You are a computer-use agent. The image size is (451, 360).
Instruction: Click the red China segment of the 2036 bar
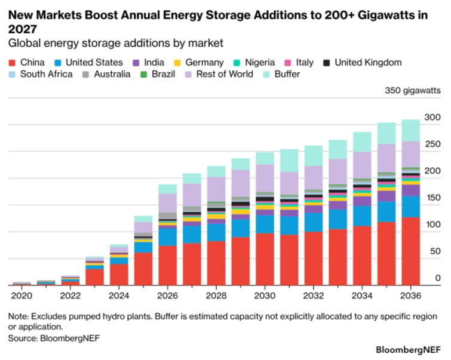pyautogui.click(x=411, y=251)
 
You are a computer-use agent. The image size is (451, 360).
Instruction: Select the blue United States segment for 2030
pyautogui.click(x=265, y=224)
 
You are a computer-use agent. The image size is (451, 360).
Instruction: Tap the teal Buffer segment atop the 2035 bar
pyautogui.click(x=386, y=133)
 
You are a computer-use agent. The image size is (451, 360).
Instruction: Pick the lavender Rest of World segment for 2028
pyautogui.click(x=216, y=189)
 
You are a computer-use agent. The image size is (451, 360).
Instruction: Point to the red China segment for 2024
pyautogui.click(x=119, y=275)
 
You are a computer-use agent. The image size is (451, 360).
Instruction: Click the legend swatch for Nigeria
pyautogui.click(x=237, y=63)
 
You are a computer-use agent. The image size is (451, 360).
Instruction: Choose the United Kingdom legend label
pyautogui.click(x=368, y=63)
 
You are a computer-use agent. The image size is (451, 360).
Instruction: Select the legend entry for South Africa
pyautogui.click(x=41, y=74)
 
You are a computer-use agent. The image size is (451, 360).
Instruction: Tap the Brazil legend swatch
pyautogui.click(x=143, y=75)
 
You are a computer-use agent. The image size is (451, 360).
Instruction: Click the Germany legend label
pyautogui.click(x=204, y=63)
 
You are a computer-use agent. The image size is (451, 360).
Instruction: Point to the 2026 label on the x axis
pyautogui.click(x=167, y=296)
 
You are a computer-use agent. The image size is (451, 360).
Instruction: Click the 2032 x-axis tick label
pyautogui.click(x=314, y=296)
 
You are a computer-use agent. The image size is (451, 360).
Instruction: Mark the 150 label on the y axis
pyautogui.click(x=432, y=198)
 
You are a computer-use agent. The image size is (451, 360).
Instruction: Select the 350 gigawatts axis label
pyautogui.click(x=413, y=90)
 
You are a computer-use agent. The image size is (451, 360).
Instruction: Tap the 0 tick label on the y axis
pyautogui.click(x=438, y=278)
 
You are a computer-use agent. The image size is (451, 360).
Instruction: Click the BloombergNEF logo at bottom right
pyautogui.click(x=408, y=350)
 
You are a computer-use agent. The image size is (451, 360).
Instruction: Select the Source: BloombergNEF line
pyautogui.click(x=54, y=338)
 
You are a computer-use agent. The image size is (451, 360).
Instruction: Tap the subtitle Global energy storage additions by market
pyautogui.click(x=116, y=43)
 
